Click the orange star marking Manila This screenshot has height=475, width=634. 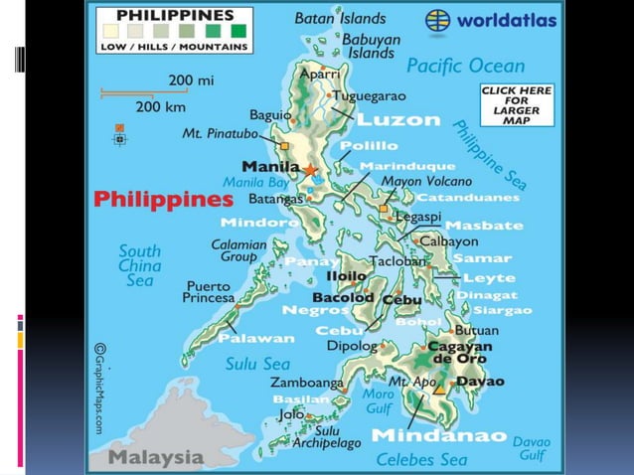(x=310, y=169)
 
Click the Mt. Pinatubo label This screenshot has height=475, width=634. (x=220, y=133)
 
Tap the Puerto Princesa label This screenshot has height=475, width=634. (x=209, y=290)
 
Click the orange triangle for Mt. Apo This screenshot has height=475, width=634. (x=438, y=390)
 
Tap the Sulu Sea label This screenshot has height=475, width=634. (x=257, y=364)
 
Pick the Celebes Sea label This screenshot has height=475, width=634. (x=421, y=459)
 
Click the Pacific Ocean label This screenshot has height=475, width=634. (x=465, y=67)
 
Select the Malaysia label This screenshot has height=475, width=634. (x=156, y=458)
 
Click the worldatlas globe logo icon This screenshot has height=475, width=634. (x=438, y=21)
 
